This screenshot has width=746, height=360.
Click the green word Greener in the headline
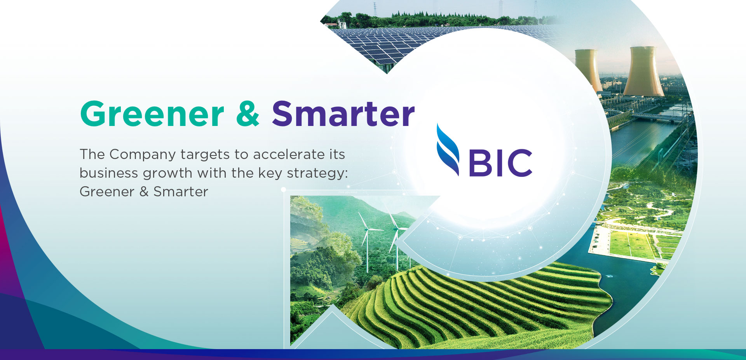coord(152,114)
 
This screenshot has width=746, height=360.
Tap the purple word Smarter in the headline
coord(343,114)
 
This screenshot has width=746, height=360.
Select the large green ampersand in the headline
coord(248,114)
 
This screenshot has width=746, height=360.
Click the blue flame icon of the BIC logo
coord(448,150)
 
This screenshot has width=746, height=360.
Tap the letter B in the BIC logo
coord(481,163)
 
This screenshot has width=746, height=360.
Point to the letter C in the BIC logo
coord(519,163)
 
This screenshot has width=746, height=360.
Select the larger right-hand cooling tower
coord(644,72)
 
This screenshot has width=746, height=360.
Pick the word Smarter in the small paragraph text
coord(181,192)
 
